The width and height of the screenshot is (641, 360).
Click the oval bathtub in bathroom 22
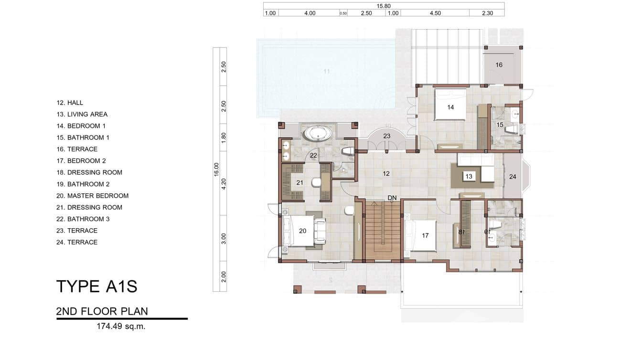pyautogui.click(x=318, y=133)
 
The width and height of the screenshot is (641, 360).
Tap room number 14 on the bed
pyautogui.click(x=450, y=107)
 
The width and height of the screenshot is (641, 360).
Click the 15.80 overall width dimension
pyautogui.click(x=384, y=6)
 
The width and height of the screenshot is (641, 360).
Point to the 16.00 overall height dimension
pyautogui.click(x=216, y=169)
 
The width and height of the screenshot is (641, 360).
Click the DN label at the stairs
pyautogui.click(x=392, y=198)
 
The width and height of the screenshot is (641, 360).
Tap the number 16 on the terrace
pyautogui.click(x=499, y=65)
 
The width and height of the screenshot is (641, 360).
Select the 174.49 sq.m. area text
pyautogui.click(x=121, y=327)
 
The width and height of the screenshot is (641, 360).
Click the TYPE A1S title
pyautogui.click(x=97, y=286)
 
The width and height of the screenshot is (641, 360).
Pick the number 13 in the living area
pyautogui.click(x=469, y=177)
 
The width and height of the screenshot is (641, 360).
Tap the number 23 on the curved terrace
pyautogui.click(x=386, y=136)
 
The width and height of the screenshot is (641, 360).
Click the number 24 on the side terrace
pyautogui.click(x=513, y=177)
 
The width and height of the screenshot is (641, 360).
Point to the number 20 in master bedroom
pyautogui.click(x=302, y=231)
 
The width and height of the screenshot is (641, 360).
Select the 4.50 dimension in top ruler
pyautogui.click(x=435, y=13)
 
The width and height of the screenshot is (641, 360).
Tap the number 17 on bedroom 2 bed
pyautogui.click(x=425, y=235)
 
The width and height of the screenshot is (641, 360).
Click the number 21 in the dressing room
pyautogui.click(x=299, y=183)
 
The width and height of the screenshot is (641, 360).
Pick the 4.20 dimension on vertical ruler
pyautogui.click(x=224, y=184)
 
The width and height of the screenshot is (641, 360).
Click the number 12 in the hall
pyautogui.click(x=386, y=174)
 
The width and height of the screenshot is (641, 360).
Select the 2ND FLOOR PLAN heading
pyautogui.click(x=102, y=312)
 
